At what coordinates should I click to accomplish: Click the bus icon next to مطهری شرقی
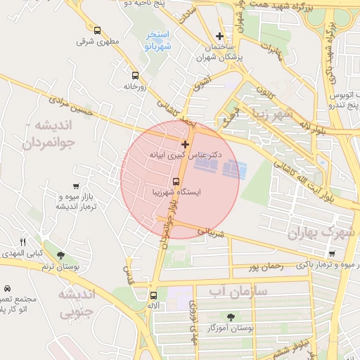click(97, 30)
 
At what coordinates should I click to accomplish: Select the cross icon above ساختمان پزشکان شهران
click(220, 36)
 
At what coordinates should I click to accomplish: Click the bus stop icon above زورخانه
click(134, 75)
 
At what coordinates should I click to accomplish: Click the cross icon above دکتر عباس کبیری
click(185, 143)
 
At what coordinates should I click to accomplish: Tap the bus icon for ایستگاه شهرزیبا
click(176, 181)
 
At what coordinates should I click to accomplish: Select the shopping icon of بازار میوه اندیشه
click(74, 186)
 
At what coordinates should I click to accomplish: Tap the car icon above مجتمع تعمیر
click(7, 288)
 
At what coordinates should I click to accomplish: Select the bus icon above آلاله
click(153, 295)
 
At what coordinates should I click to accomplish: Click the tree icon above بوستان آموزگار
click(230, 317)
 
